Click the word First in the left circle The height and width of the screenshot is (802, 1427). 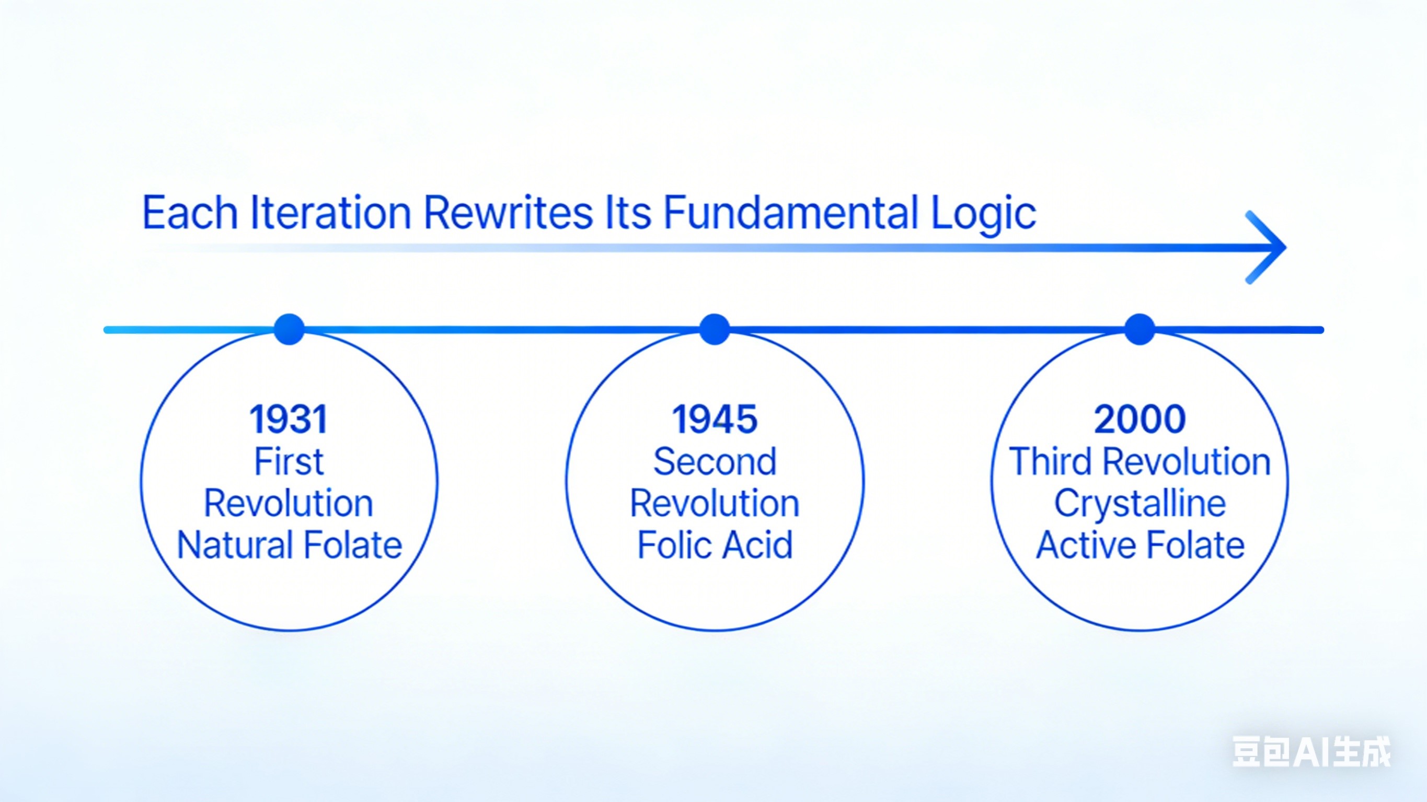[289, 461]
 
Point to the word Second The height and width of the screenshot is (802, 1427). [715, 461]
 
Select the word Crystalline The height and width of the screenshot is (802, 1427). [1140, 504]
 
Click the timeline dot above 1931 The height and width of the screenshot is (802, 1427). [289, 330]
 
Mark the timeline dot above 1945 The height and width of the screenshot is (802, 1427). [715, 330]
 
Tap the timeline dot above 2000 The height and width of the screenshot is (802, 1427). [1140, 330]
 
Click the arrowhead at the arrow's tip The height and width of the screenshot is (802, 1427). [1284, 247]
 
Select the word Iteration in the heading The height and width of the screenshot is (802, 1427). [330, 213]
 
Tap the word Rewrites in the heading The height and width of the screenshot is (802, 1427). [508, 213]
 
